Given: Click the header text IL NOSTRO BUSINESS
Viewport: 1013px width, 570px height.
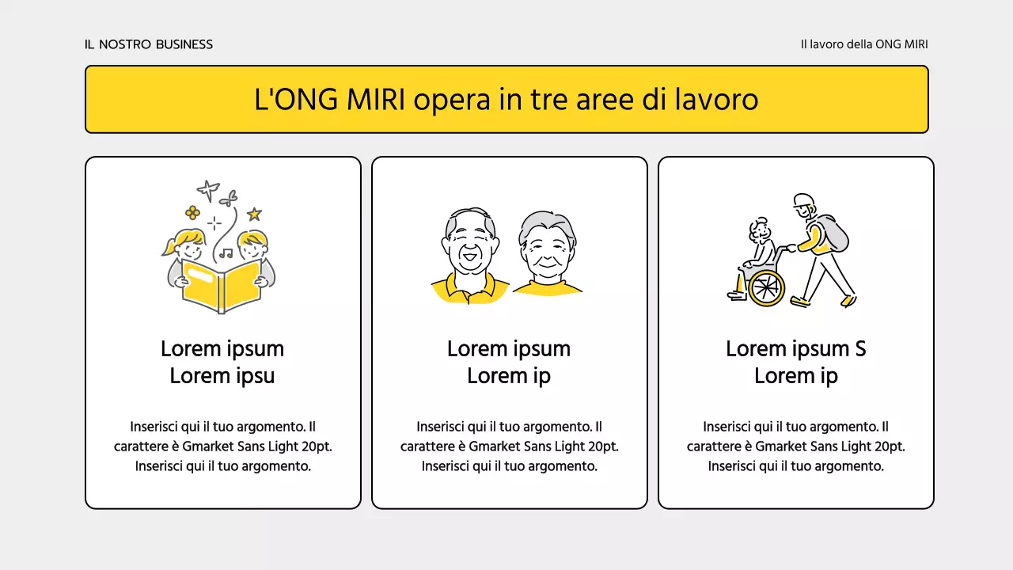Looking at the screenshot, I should click(149, 44).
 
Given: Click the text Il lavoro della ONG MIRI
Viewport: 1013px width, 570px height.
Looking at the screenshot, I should click(864, 44).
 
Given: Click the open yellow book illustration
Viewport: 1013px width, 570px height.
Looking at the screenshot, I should click(222, 286).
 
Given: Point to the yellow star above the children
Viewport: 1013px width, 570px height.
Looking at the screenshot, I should click(254, 214).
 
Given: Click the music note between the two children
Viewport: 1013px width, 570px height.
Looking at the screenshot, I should click(226, 253).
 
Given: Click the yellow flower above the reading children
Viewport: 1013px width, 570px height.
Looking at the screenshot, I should click(192, 212).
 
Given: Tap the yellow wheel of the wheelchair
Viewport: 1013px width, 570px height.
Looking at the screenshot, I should click(765, 287).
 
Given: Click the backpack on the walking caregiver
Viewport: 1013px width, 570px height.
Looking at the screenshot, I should click(833, 232).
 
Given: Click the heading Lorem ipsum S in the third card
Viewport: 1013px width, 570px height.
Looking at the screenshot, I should click(795, 349).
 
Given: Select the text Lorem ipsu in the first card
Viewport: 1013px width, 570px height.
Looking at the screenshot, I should click(222, 376).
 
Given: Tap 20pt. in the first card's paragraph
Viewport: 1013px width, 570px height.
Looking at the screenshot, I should click(317, 446).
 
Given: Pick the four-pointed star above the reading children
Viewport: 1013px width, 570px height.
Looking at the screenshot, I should click(208, 190).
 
